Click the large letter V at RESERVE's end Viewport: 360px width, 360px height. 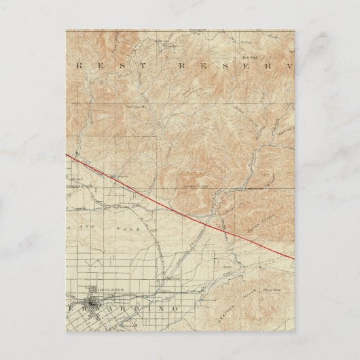(x=288, y=66)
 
